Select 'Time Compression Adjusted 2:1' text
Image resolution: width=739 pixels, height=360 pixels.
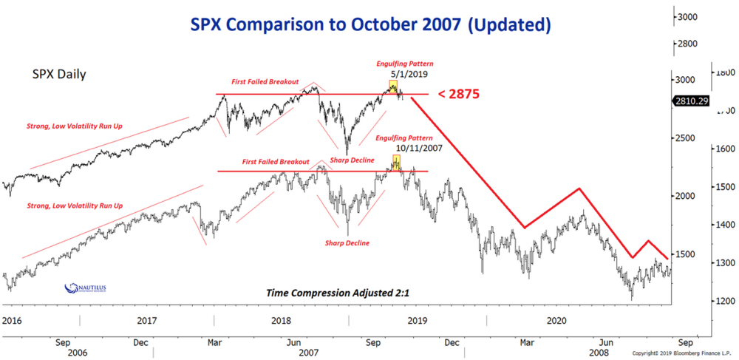338,293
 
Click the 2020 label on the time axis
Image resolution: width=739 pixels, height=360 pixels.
556,321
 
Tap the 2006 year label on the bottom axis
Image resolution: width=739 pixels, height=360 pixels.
78,353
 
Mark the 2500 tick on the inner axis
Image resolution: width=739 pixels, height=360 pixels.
686,137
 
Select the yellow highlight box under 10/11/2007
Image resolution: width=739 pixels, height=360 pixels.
395,162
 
